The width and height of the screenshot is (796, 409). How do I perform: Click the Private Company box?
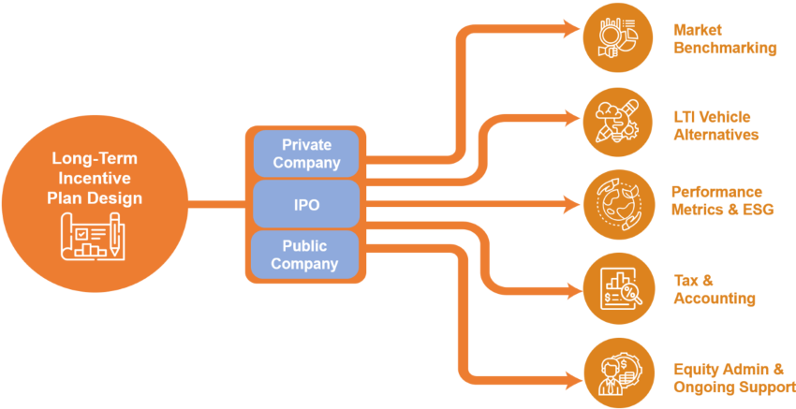tap(306, 153)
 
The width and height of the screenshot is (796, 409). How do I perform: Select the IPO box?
tap(306, 204)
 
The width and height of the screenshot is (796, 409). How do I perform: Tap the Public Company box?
tap(306, 255)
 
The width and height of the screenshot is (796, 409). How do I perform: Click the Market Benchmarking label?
tap(724, 39)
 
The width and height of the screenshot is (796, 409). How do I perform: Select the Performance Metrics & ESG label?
tap(722, 200)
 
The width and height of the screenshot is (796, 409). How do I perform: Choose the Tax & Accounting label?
tap(715, 288)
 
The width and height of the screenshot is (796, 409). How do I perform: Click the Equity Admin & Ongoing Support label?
tap(734, 377)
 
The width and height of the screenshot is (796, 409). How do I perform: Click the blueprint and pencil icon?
tap(91, 237)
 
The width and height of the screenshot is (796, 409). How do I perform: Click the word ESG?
tap(756, 209)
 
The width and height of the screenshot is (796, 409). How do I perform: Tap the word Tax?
tap(687, 280)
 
